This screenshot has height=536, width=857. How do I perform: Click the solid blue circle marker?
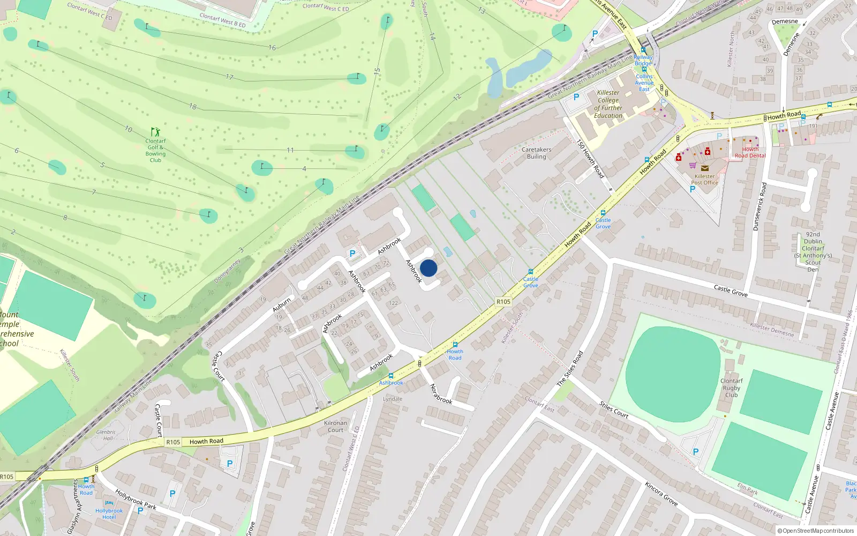pos(428,268)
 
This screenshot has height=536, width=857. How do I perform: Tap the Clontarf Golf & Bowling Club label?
pos(155,151)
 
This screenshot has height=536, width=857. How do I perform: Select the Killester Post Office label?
pos(704,180)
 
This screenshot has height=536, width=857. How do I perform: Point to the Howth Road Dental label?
pos(750,153)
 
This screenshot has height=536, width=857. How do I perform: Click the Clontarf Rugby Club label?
pos(731,388)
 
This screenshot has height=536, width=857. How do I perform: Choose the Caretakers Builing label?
pos(536,153)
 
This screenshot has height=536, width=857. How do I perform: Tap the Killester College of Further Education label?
pos(608,104)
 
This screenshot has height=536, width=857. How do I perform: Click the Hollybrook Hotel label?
pos(109,514)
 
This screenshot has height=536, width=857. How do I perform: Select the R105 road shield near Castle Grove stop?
pos(503,302)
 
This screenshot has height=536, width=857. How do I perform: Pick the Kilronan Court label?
pos(335,427)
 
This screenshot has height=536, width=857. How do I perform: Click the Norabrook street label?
pos(441,394)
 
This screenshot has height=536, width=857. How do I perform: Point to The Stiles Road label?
pos(569,369)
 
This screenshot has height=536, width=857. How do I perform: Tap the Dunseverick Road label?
pos(760,207)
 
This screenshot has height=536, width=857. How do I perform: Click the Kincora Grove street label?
pos(661,494)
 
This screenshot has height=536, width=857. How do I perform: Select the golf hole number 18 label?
pos(193,107)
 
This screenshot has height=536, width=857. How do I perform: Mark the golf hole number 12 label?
pos(457,97)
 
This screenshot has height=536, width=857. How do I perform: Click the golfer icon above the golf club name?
pos(155,132)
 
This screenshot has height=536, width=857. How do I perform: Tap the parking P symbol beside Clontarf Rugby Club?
pos(696,452)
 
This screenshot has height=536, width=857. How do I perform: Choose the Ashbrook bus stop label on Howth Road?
pos(391,383)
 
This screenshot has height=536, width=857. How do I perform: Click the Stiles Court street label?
pos(614,410)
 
